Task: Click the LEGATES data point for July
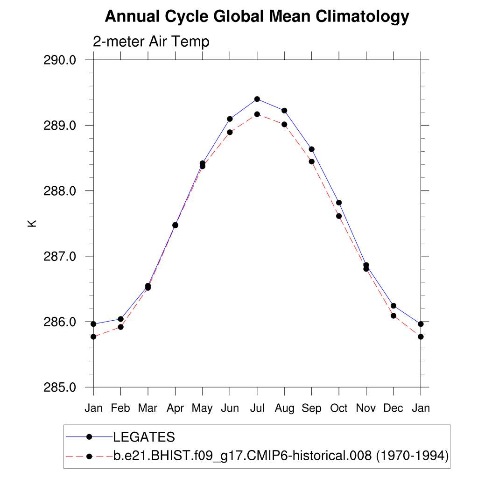pyautogui.click(x=257, y=99)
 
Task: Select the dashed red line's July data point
pyautogui.click(x=257, y=114)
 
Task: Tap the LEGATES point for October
pyautogui.click(x=339, y=203)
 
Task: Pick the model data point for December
pyautogui.click(x=394, y=316)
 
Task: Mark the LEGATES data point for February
pyautogui.click(x=121, y=319)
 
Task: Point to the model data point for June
pyautogui.click(x=230, y=132)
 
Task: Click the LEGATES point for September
pyautogui.click(x=312, y=149)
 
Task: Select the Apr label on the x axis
pyautogui.click(x=175, y=408)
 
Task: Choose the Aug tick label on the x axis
pyautogui.click(x=284, y=408)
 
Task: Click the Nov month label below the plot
pyautogui.click(x=366, y=408)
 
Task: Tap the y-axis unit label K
pyautogui.click(x=32, y=224)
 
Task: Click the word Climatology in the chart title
pyautogui.click(x=362, y=17)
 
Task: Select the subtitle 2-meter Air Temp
pyautogui.click(x=151, y=42)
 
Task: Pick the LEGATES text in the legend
pyautogui.click(x=144, y=437)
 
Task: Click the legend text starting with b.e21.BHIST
pyautogui.click(x=243, y=456)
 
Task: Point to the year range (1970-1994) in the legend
pyautogui.click(x=413, y=456)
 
